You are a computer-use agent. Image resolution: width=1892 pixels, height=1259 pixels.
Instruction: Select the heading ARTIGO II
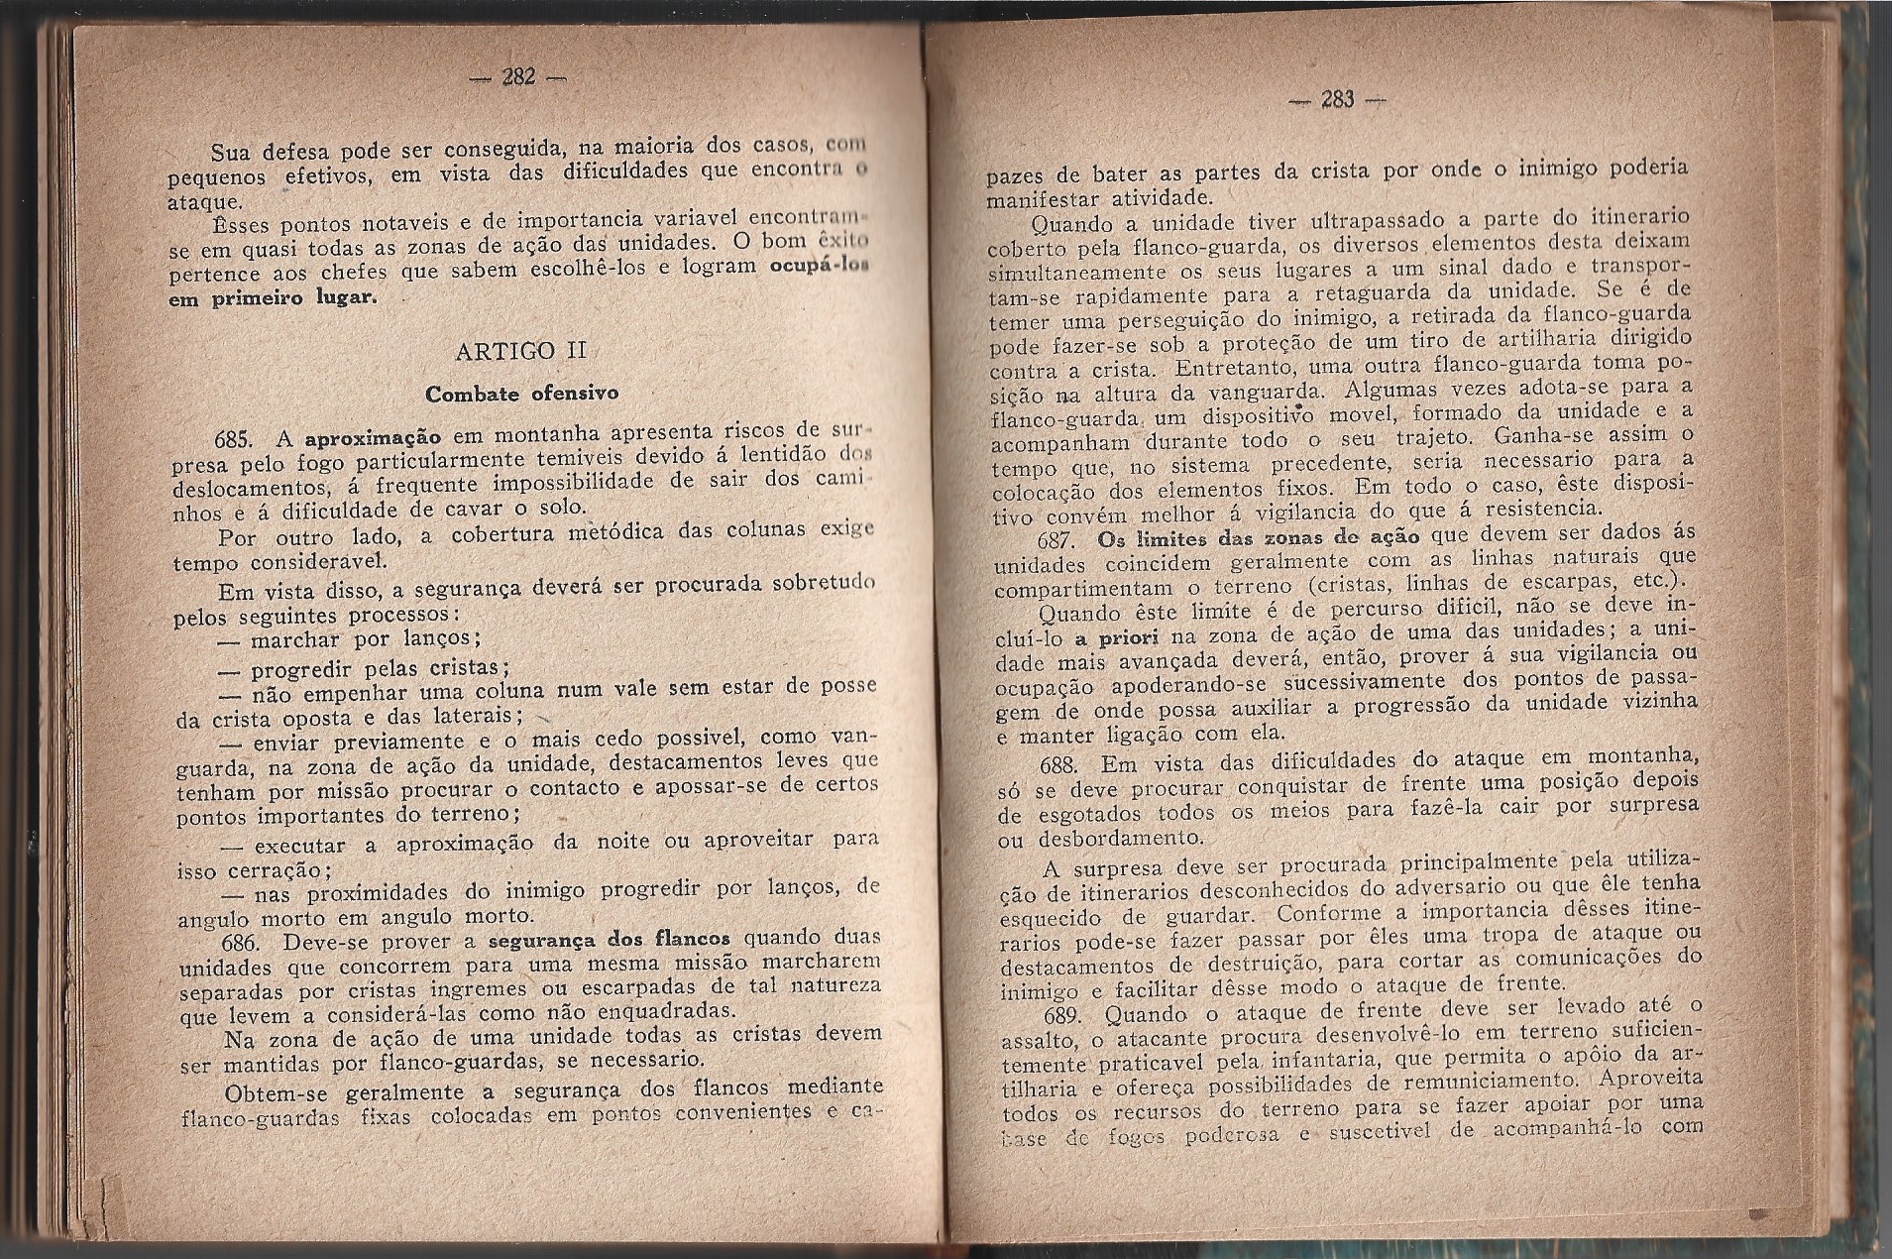click(519, 351)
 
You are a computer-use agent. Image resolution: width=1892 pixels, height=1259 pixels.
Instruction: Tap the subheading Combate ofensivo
click(521, 393)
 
